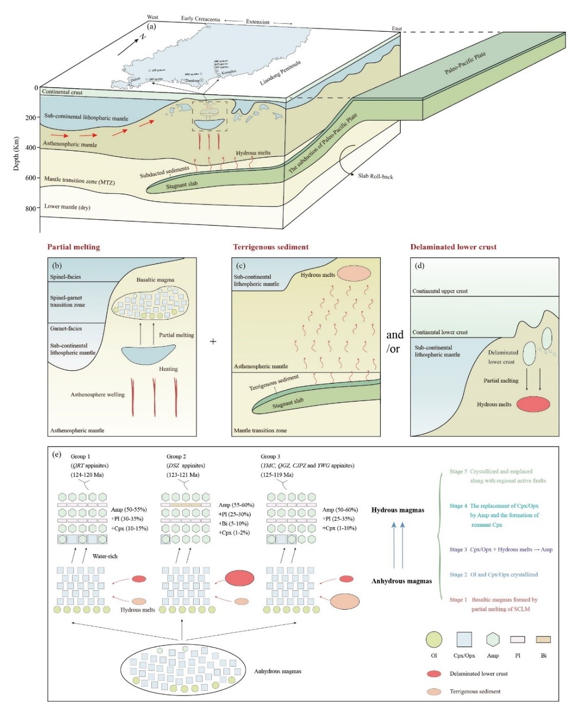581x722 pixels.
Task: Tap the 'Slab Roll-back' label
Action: pos(375,176)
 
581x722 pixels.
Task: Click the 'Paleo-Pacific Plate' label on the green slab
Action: pos(464,63)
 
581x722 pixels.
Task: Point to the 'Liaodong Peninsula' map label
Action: pos(280,73)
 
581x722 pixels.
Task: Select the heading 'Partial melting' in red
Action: pos(73,247)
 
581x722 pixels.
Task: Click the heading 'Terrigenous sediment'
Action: pos(270,247)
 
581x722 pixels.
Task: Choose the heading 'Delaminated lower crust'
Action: pos(453,247)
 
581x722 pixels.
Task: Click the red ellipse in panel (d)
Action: pos(533,404)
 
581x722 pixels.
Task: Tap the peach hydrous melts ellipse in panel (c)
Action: pos(354,273)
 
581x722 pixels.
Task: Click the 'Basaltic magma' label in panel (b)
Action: pos(155,280)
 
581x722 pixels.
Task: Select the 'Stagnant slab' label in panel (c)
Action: pos(287,404)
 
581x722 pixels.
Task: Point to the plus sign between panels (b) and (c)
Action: pos(213,342)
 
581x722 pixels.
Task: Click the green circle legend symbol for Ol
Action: pos(434,639)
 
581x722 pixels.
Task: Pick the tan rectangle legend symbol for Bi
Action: pos(543,639)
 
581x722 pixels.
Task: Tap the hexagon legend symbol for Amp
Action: pos(493,639)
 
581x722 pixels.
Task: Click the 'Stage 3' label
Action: pos(458,550)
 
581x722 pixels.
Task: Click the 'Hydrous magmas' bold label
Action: pos(398,510)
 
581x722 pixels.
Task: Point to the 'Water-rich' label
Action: pos(105,556)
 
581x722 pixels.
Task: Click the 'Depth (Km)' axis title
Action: pos(16,154)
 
